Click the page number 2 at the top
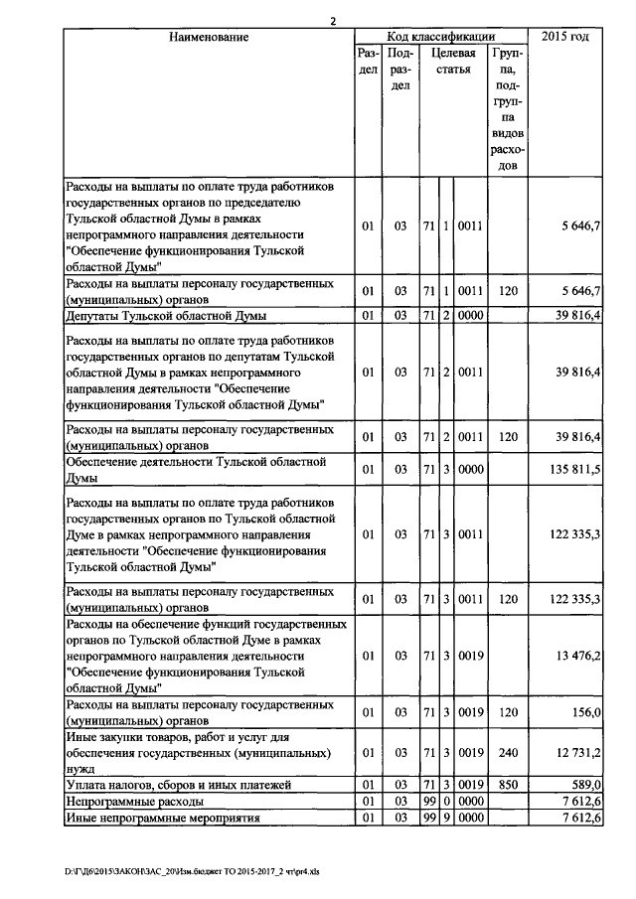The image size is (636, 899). point(334,22)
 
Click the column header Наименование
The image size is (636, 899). point(208,37)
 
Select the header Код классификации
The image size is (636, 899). point(440,37)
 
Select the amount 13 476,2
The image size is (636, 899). point(576,657)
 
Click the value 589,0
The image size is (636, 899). point(585,785)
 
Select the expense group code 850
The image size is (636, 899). point(508,785)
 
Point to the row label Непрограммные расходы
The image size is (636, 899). point(135,801)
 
